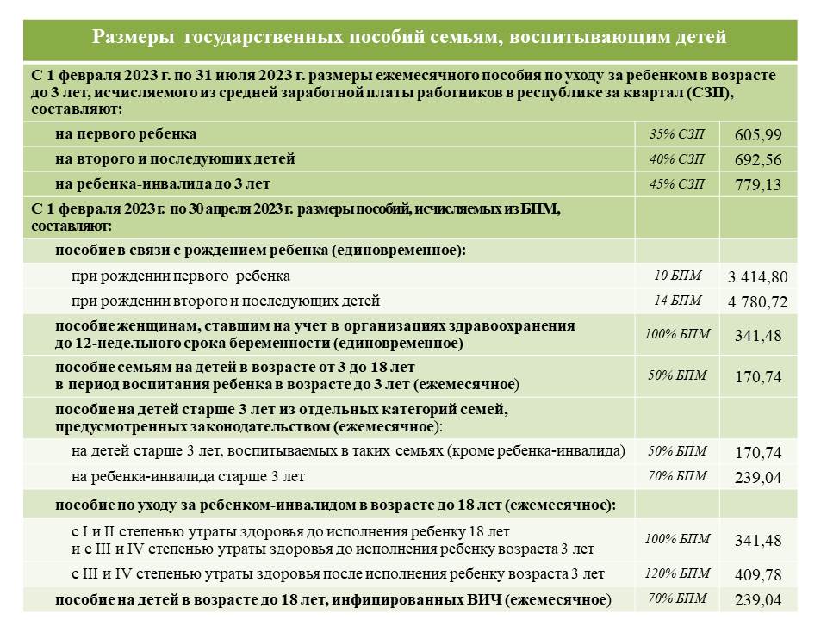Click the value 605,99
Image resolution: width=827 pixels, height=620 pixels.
tap(758, 135)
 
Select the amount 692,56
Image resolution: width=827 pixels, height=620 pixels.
tap(758, 160)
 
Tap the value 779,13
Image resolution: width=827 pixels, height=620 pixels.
tap(758, 185)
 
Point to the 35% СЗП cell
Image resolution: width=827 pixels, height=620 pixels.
tap(677, 134)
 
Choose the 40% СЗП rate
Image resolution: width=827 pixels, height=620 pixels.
tap(677, 159)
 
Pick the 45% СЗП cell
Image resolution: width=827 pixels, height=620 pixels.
tap(677, 184)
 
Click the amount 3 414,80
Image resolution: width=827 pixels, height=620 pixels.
tap(758, 277)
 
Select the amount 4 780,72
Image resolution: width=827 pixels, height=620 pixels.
tap(758, 302)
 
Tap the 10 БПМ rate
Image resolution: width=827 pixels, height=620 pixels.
tap(677, 276)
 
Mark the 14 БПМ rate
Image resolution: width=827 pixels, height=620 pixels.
tap(677, 301)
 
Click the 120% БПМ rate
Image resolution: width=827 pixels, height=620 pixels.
tap(677, 573)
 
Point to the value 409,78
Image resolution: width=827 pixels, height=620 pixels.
tap(758, 574)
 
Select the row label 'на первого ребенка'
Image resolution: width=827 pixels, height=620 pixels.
tap(126, 134)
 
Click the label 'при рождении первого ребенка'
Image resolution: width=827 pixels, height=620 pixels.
tap(181, 276)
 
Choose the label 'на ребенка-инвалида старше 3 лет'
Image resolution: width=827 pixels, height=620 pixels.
tap(188, 476)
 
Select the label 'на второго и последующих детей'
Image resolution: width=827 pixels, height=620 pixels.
tap(175, 159)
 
